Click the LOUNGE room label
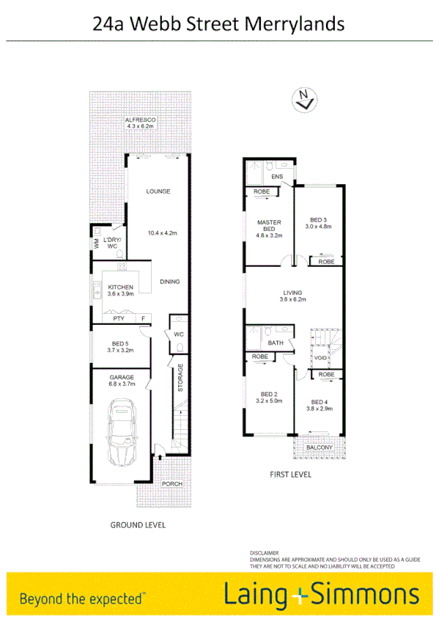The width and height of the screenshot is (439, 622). coord(158,191)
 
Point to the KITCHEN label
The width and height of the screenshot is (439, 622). coord(120,287)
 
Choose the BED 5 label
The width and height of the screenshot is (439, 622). coord(121,344)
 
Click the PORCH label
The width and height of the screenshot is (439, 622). coord(172,484)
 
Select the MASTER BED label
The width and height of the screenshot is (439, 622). coord(265,226)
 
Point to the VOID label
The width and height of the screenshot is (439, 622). coord(320,358)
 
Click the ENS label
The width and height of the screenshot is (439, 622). coord(277,178)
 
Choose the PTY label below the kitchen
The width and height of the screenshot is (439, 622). coord(118,319)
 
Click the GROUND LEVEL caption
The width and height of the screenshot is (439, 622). coord(138,525)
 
